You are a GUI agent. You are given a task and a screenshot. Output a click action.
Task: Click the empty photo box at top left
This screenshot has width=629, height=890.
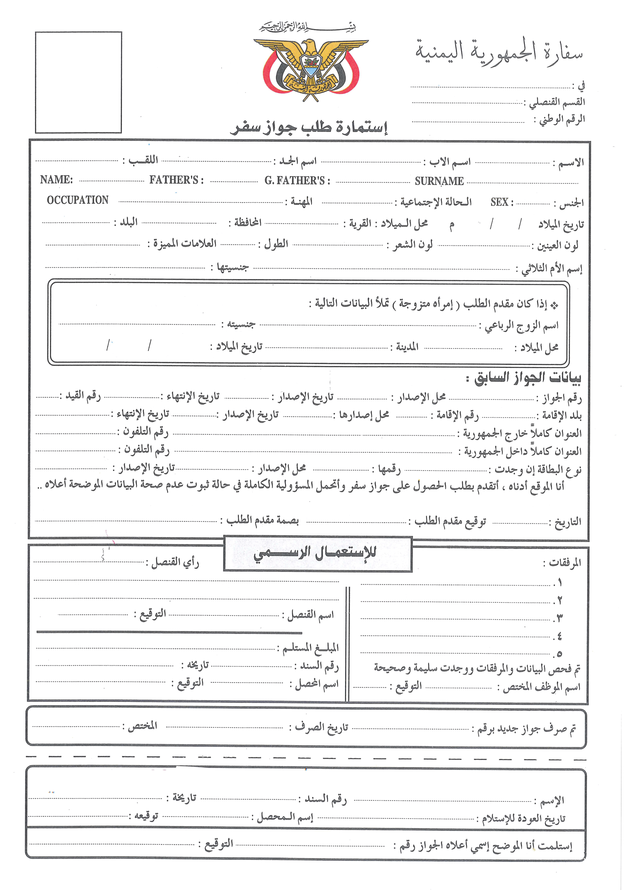click(78, 82)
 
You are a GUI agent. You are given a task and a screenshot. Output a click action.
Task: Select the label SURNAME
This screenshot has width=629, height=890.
click(439, 181)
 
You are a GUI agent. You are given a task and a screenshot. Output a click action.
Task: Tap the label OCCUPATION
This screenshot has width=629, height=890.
click(77, 200)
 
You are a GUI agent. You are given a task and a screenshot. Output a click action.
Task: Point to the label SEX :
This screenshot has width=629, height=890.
click(501, 202)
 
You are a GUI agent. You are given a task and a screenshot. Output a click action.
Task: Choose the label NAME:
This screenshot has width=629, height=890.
click(56, 179)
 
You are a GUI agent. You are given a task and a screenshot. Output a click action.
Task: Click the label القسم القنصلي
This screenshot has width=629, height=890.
click(555, 102)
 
